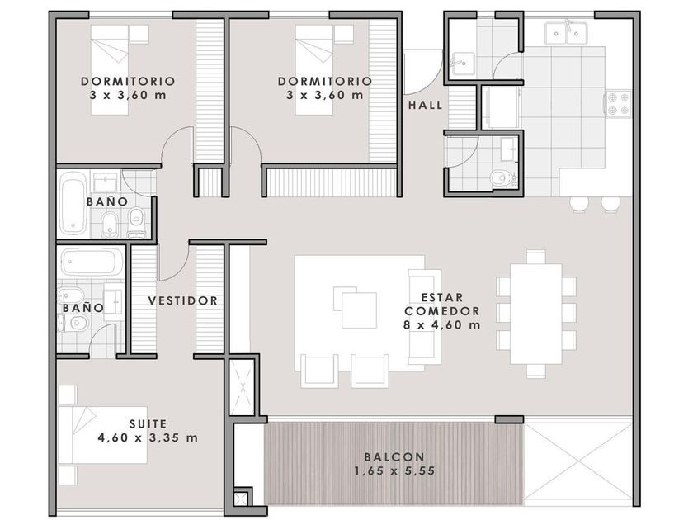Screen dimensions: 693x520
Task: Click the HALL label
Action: pos(425,106)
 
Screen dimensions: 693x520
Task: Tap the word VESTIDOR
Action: pos(183,300)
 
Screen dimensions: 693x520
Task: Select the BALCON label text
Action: pos(394,456)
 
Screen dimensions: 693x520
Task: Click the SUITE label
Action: pos(148,424)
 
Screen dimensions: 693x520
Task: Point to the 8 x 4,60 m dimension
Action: pos(442,325)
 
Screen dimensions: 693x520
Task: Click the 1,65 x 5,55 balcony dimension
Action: pos(394,471)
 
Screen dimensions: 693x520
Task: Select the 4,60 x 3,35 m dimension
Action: pos(148,437)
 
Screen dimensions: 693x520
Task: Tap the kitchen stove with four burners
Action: pos(618,103)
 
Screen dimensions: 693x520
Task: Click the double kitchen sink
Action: pos(566,33)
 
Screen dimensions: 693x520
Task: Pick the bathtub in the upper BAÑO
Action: pos(73,203)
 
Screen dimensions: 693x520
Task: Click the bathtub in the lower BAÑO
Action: pos(92,262)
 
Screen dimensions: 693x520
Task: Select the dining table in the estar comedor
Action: pos(535,314)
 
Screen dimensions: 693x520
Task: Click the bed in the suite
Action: pos(102,435)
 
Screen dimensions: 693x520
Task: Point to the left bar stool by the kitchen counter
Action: pos(579,205)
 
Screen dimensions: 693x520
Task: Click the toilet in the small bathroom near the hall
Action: pos(502,177)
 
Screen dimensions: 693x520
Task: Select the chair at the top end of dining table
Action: pos(535,257)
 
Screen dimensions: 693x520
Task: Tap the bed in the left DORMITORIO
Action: pos(110,70)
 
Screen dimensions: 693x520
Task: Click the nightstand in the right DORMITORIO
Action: pos(343,34)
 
